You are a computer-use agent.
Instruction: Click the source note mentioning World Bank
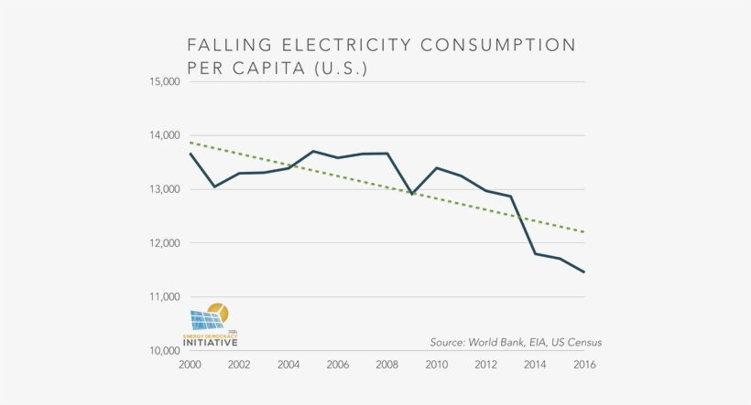coord(516,343)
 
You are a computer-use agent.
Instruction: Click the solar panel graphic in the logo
coord(205,320)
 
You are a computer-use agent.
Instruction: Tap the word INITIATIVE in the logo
coord(210,344)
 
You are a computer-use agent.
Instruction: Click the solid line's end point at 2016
coord(583,272)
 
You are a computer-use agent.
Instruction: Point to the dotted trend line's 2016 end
coord(583,232)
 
